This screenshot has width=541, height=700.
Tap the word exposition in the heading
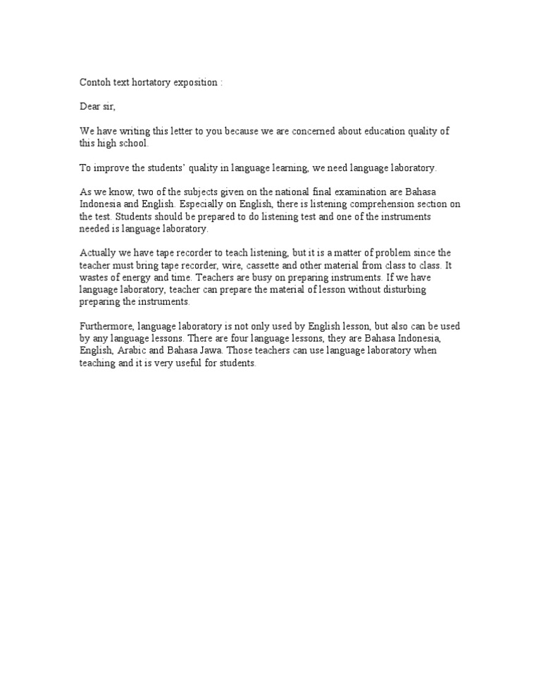click(x=199, y=82)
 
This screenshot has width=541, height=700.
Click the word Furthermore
click(x=107, y=325)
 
